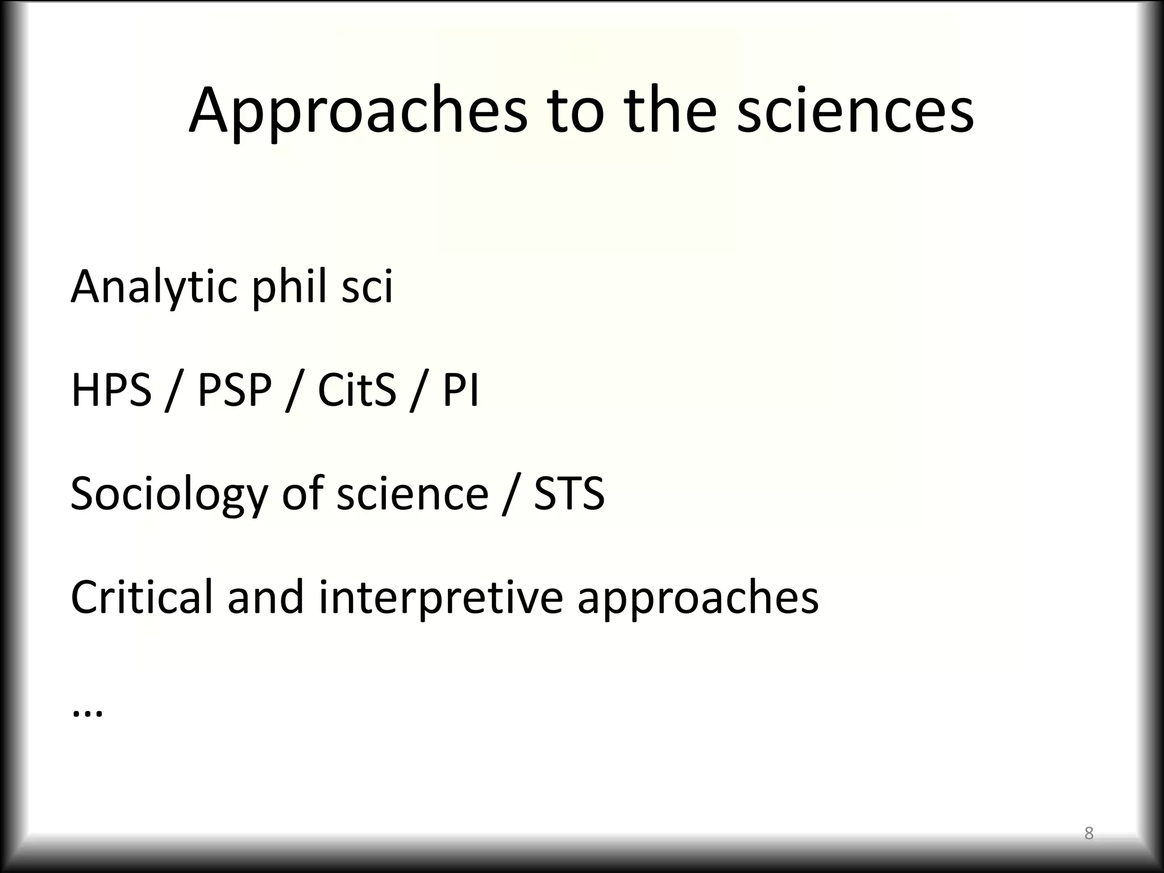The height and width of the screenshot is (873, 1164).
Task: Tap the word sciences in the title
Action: click(855, 111)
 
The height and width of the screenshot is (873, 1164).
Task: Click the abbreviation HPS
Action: click(111, 390)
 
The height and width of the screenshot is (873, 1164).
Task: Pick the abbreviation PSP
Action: click(234, 390)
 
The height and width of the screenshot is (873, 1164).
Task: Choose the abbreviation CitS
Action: click(356, 390)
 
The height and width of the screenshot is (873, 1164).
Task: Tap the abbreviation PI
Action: click(461, 390)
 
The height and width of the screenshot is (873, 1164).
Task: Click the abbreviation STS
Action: click(569, 493)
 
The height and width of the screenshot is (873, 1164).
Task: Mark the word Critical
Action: click(142, 597)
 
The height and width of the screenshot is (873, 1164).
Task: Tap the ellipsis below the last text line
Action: click(88, 713)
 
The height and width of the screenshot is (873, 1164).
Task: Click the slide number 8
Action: click(1089, 833)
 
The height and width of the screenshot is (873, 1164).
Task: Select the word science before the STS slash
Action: click(412, 493)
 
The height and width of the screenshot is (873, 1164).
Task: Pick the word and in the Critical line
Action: click(265, 597)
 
